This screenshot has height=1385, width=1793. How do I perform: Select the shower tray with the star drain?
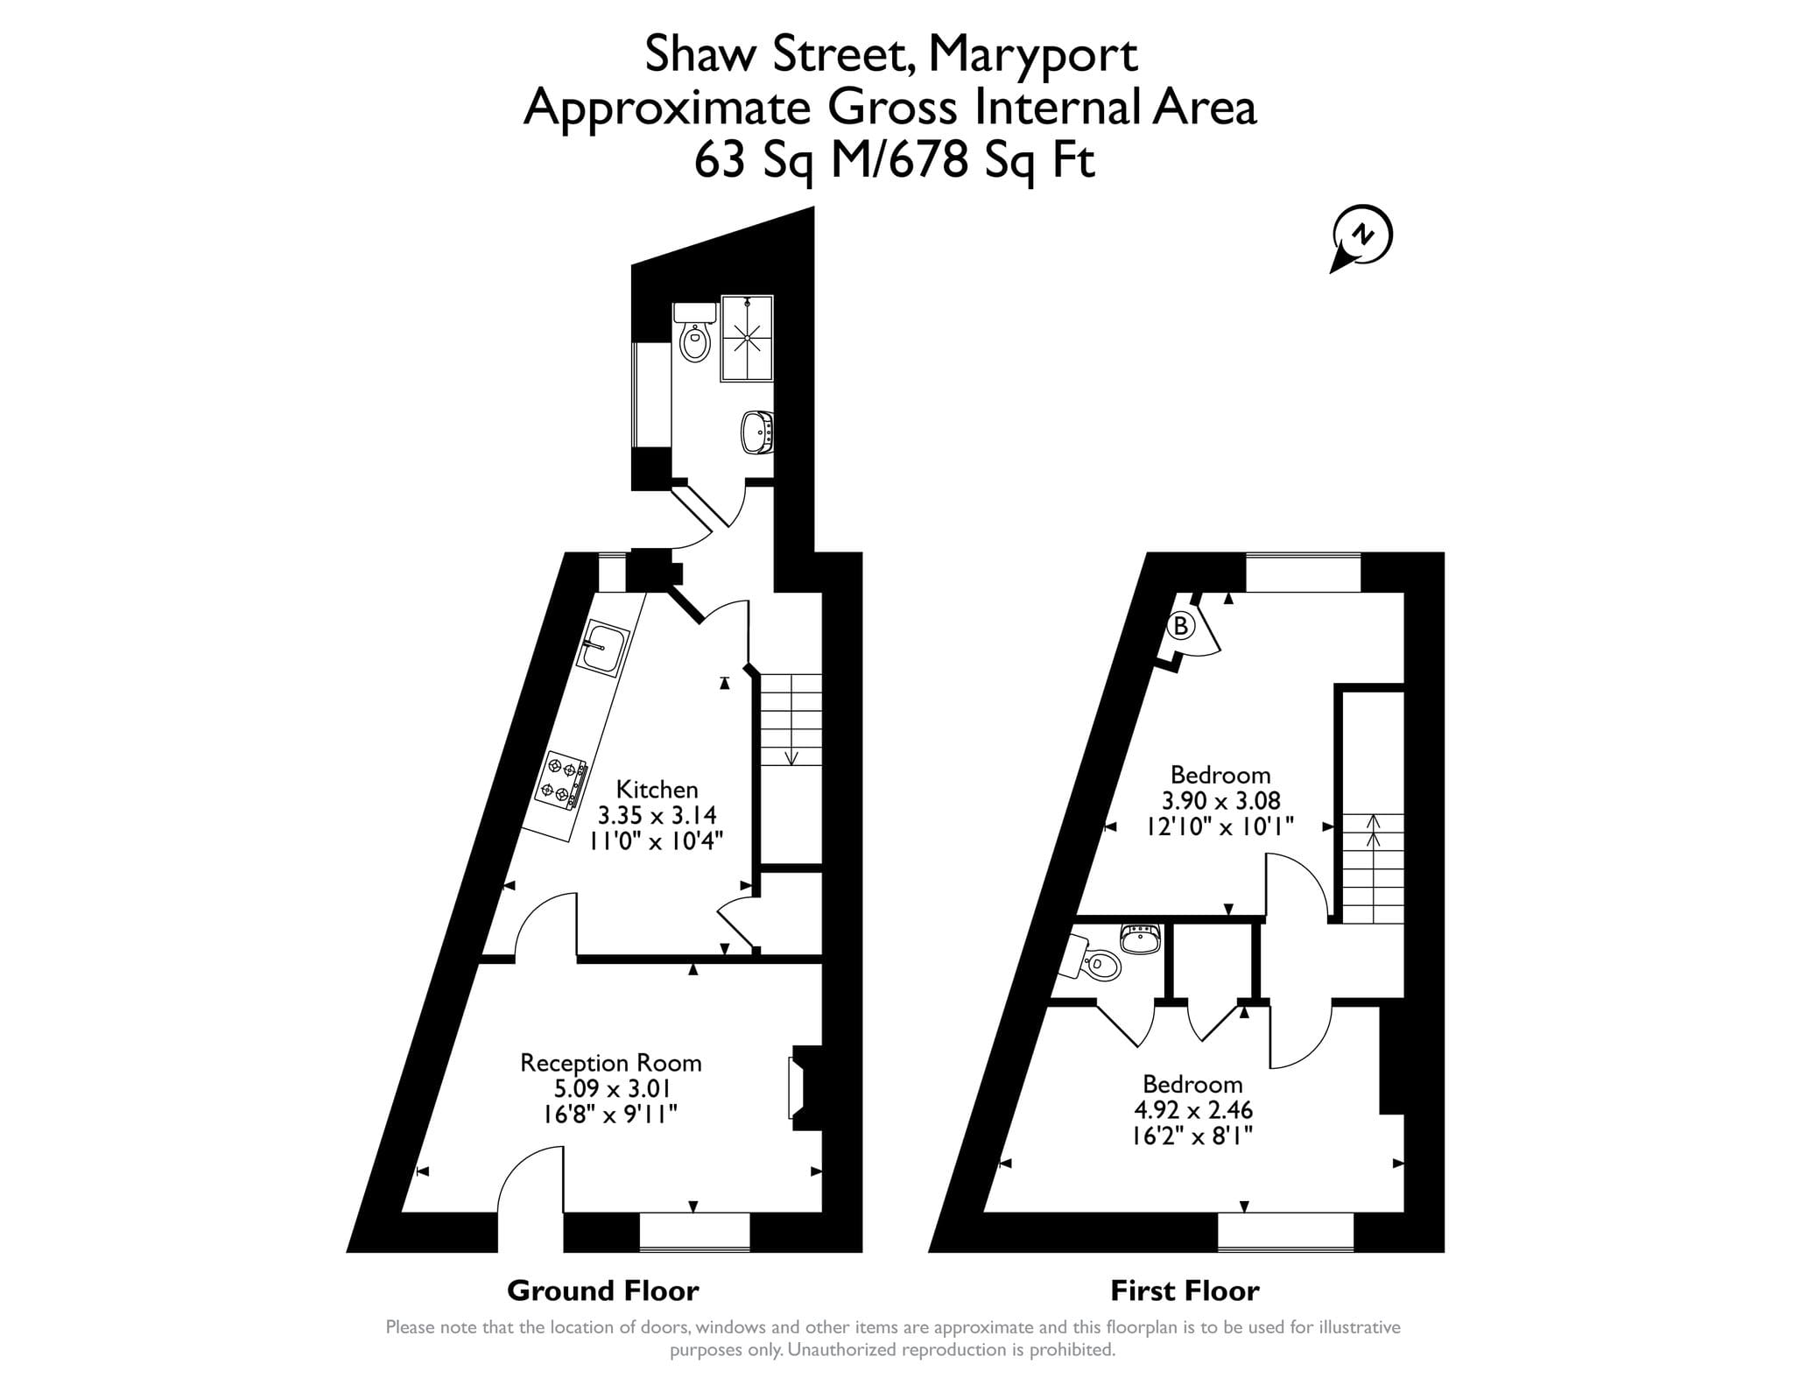747,338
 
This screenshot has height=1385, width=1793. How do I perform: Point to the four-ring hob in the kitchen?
561,780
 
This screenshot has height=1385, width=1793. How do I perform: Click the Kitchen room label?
657,789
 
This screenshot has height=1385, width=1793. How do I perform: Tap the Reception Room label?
611,1063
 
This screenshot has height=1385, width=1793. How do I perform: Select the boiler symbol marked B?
1181,626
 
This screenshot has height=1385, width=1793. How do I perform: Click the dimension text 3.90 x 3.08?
1220,800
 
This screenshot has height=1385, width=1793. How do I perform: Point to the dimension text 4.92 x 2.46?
1193,1110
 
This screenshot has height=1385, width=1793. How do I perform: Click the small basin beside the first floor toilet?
1141,939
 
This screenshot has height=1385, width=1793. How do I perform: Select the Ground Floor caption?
603,1290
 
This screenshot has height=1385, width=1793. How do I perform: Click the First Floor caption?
1185,1290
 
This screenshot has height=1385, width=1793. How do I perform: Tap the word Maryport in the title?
1032,54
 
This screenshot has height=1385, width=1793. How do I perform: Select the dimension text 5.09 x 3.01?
611,1088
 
